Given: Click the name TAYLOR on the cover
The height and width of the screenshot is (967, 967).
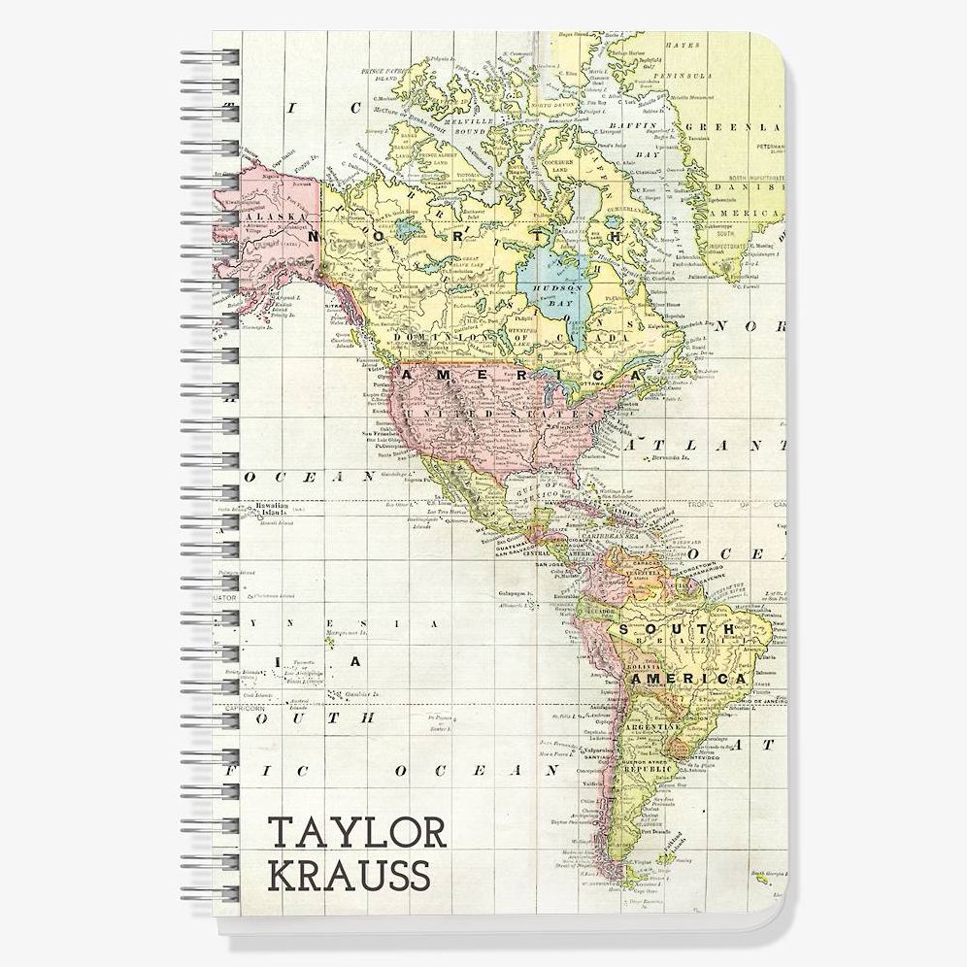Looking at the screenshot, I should coord(356,833).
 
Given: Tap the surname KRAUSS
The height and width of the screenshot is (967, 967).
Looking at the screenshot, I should coord(350,875).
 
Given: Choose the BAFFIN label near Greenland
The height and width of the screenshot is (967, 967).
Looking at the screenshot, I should coord(636,125).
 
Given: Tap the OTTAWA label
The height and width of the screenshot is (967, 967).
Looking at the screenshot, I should coord(590,384).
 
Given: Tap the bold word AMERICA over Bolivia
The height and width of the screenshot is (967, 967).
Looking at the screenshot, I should coord(690,679).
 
